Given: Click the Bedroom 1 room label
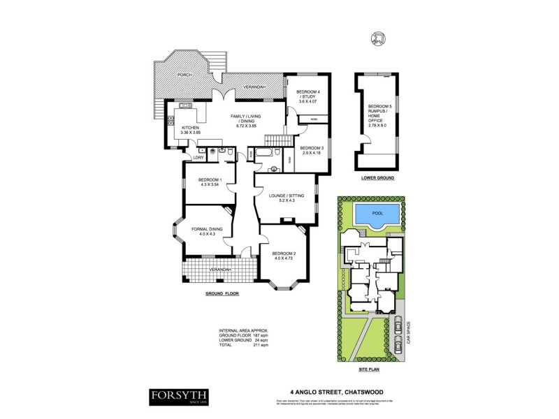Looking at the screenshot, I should click(210, 182).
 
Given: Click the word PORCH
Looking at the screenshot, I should click(184, 74).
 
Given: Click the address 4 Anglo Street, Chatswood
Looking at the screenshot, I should click(333, 392).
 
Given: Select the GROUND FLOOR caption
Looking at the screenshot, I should click(222, 293).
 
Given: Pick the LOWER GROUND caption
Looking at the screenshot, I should click(377, 179).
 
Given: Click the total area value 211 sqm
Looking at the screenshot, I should click(261, 345).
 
